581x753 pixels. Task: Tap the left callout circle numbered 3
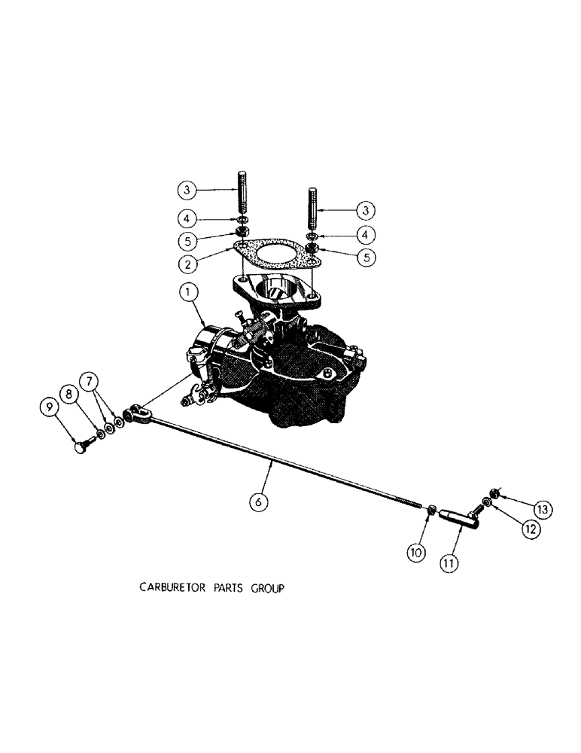point(189,188)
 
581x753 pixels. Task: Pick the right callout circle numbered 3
point(367,208)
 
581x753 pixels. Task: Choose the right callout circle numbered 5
point(367,255)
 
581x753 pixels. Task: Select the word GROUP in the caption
point(266,589)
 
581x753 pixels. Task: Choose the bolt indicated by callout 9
point(81,447)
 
